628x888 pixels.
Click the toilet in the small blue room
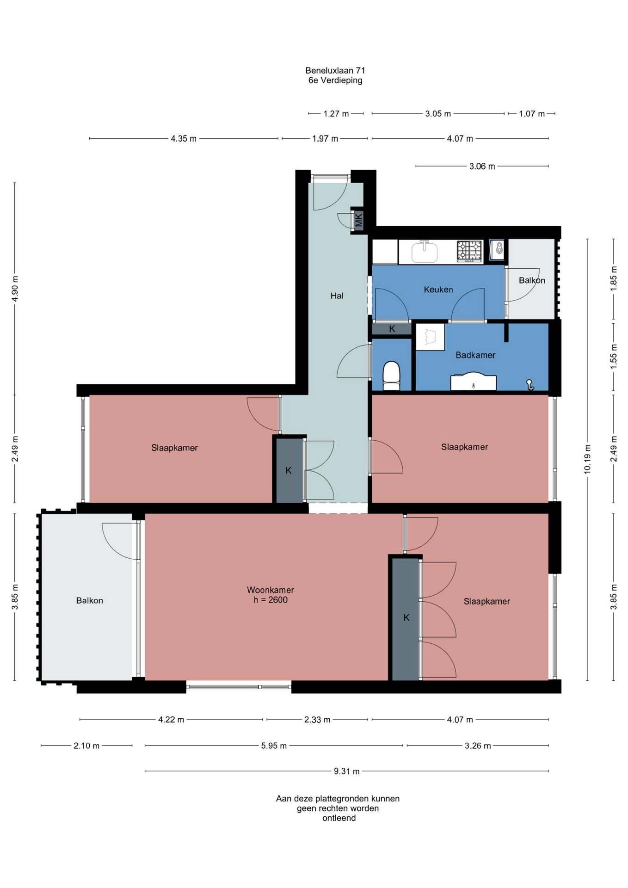click(x=391, y=376)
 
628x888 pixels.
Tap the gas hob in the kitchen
click(x=469, y=252)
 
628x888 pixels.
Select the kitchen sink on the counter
click(x=424, y=252)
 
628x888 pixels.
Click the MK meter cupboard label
click(x=358, y=220)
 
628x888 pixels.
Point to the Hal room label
click(x=337, y=296)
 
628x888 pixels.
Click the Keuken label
click(x=438, y=290)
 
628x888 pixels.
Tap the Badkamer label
click(x=475, y=355)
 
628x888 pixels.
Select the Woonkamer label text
click(x=271, y=590)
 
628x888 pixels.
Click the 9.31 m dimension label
click(x=347, y=771)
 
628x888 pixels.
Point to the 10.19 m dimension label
click(x=587, y=459)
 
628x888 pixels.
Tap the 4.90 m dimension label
click(x=15, y=289)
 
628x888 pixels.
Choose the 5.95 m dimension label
click(x=274, y=746)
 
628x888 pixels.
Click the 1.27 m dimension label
click(x=336, y=114)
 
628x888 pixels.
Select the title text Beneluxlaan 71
click(x=335, y=71)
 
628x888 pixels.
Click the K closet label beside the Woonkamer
click(x=406, y=618)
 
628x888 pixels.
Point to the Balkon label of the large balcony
click(x=90, y=601)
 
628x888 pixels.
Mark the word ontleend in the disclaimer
click(x=339, y=818)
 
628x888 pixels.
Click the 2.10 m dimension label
click(x=86, y=746)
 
